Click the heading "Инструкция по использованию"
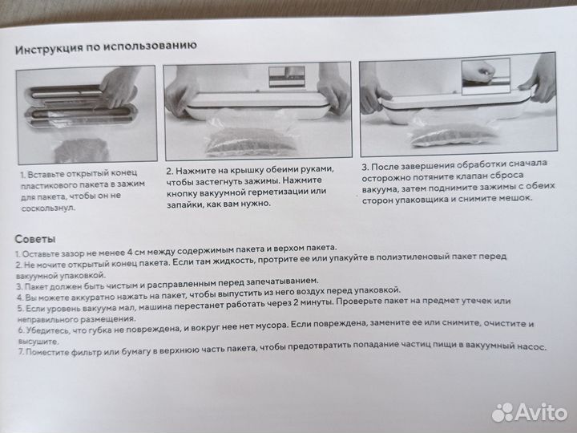click(x=106, y=47)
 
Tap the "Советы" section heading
click(x=35, y=239)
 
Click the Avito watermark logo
click(x=529, y=412)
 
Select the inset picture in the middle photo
click(x=287, y=77)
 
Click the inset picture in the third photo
click(x=486, y=76)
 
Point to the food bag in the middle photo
click(x=252, y=136)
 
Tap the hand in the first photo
click(x=119, y=87)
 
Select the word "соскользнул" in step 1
click(x=48, y=208)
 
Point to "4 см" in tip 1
click(x=136, y=253)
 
